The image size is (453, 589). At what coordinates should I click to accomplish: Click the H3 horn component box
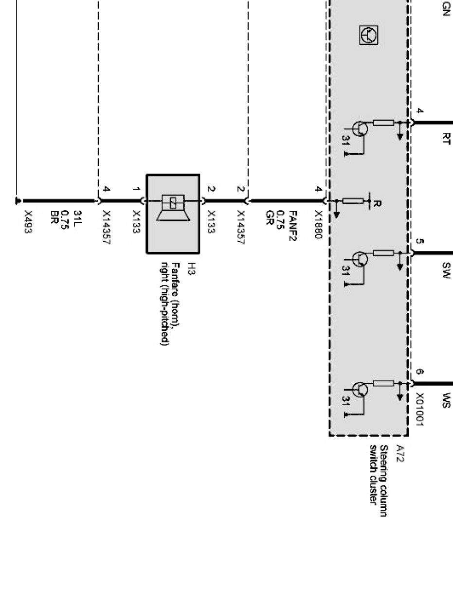pyautogui.click(x=173, y=213)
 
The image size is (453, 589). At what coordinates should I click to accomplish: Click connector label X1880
pyautogui.click(x=319, y=223)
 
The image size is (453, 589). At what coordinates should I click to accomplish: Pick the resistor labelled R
pyautogui.click(x=354, y=200)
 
